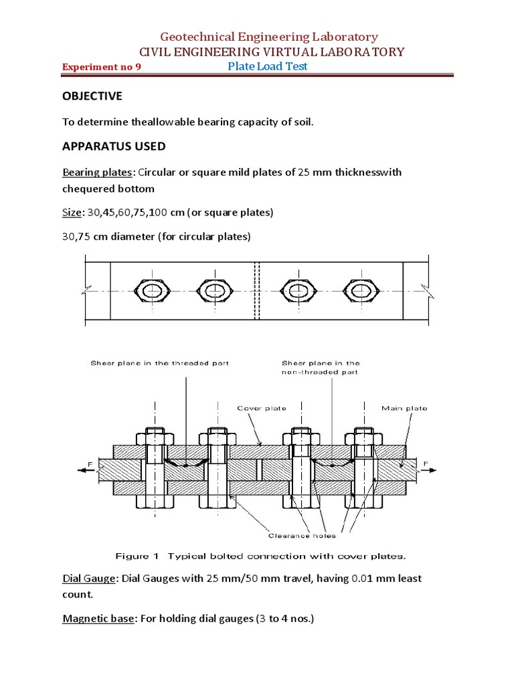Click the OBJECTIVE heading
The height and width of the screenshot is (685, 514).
[92, 96]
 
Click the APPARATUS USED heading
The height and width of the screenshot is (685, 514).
[114, 146]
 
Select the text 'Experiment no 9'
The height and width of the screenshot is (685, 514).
[101, 68]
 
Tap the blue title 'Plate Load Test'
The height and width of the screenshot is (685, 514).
[268, 66]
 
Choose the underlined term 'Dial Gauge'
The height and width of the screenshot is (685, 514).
[88, 578]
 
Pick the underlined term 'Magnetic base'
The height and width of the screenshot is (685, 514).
[98, 619]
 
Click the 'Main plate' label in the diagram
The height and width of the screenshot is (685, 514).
[404, 408]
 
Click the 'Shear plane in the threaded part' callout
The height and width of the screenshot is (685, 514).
[160, 363]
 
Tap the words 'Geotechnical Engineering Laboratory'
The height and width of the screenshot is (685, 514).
[268, 37]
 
